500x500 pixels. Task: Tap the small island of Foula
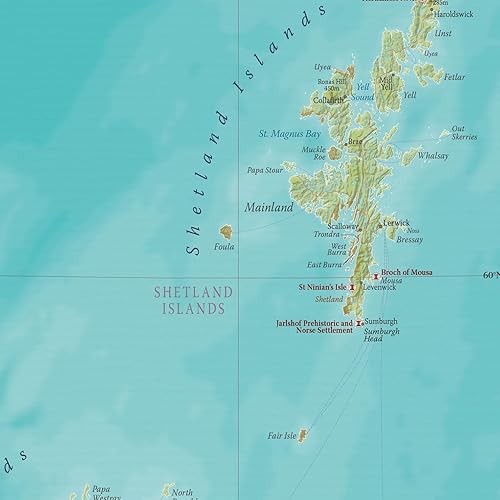(226, 232)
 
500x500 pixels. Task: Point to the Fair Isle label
(281, 436)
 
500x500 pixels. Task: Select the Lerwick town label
(397, 222)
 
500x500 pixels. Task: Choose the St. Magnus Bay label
(290, 133)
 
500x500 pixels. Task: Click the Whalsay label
(433, 156)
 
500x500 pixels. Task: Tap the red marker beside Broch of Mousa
(376, 275)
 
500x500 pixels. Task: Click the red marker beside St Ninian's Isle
(352, 287)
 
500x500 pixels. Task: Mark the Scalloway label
(342, 226)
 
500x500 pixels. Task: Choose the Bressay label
(410, 240)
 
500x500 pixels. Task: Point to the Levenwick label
(379, 287)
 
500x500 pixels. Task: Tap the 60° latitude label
(490, 275)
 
